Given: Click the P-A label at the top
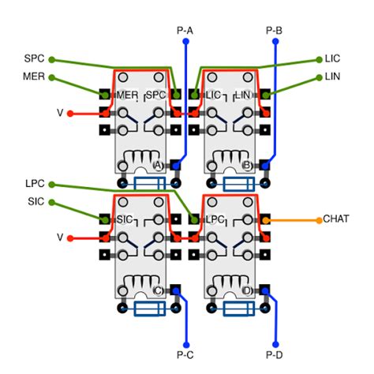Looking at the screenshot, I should [185, 31].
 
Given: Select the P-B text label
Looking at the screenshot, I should [275, 31].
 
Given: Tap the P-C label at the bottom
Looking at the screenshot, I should [185, 355].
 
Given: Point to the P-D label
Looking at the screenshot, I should [275, 355].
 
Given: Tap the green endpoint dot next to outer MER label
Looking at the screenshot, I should [52, 77].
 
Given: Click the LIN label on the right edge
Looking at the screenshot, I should [333, 77].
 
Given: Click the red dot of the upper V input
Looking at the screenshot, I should [71, 113].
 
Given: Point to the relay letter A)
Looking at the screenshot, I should [158, 166].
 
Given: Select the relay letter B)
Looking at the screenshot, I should [247, 166].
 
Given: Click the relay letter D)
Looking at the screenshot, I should [247, 290].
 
